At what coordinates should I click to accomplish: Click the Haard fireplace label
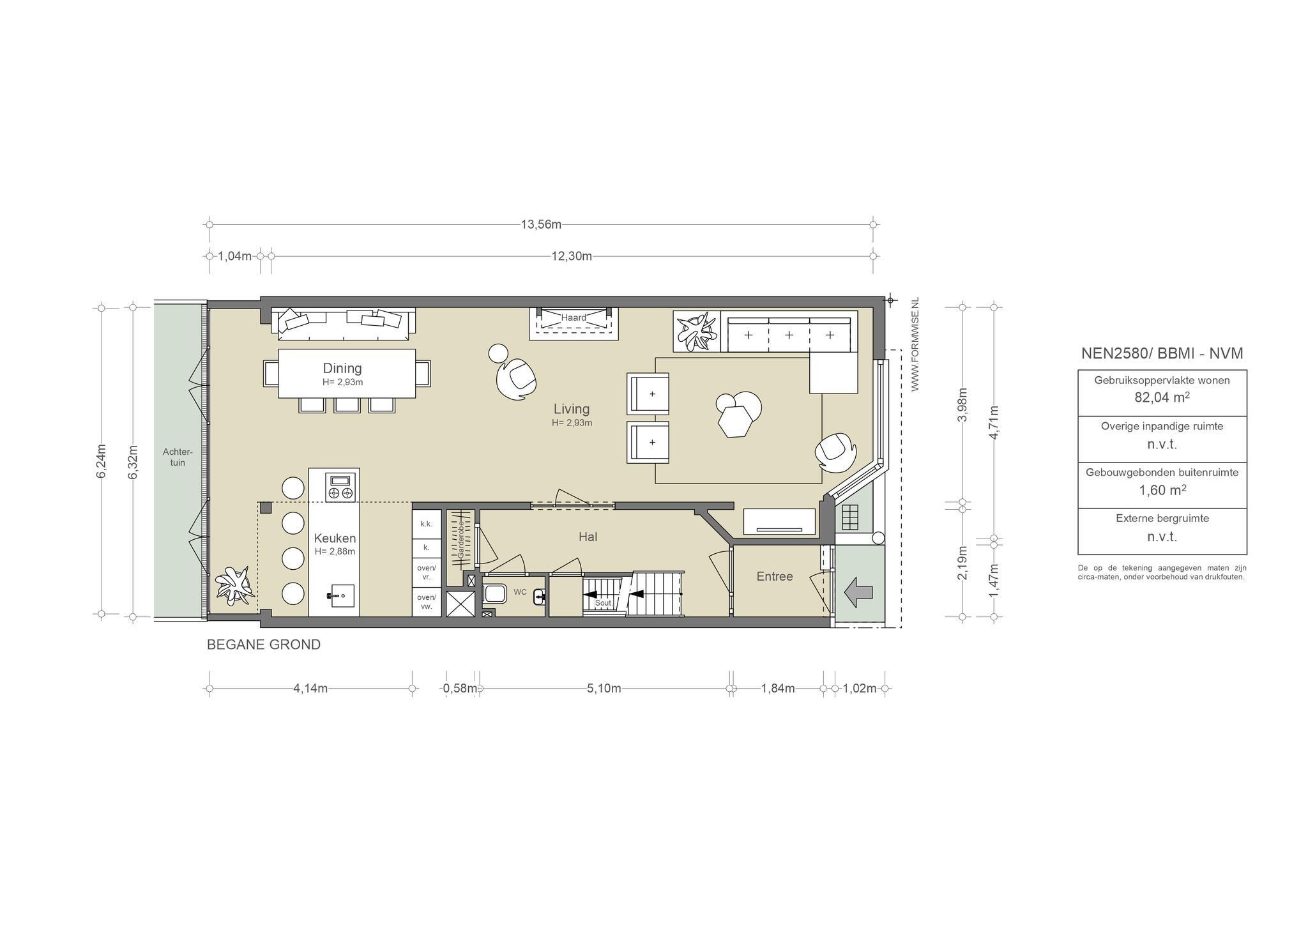click(x=574, y=317)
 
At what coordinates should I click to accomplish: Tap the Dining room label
click(x=342, y=368)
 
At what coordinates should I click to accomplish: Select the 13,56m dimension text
click(x=541, y=224)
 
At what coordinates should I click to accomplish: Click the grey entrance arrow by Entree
click(x=858, y=593)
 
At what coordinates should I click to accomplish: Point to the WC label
click(x=521, y=592)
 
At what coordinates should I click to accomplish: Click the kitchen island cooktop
click(x=340, y=486)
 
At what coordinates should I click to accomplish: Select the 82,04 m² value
click(x=1162, y=397)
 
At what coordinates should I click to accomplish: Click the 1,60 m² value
click(x=1162, y=490)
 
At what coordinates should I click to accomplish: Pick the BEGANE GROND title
click(x=264, y=645)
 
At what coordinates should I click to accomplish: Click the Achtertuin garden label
click(x=178, y=457)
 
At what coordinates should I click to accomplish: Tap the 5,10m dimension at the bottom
click(x=604, y=688)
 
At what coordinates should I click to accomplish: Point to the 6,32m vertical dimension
click(x=133, y=462)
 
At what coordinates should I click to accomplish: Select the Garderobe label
click(x=460, y=540)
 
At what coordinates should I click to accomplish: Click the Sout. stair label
click(x=604, y=602)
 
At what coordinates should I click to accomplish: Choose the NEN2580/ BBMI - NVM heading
click(x=1162, y=353)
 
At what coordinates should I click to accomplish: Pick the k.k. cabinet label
click(x=426, y=524)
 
